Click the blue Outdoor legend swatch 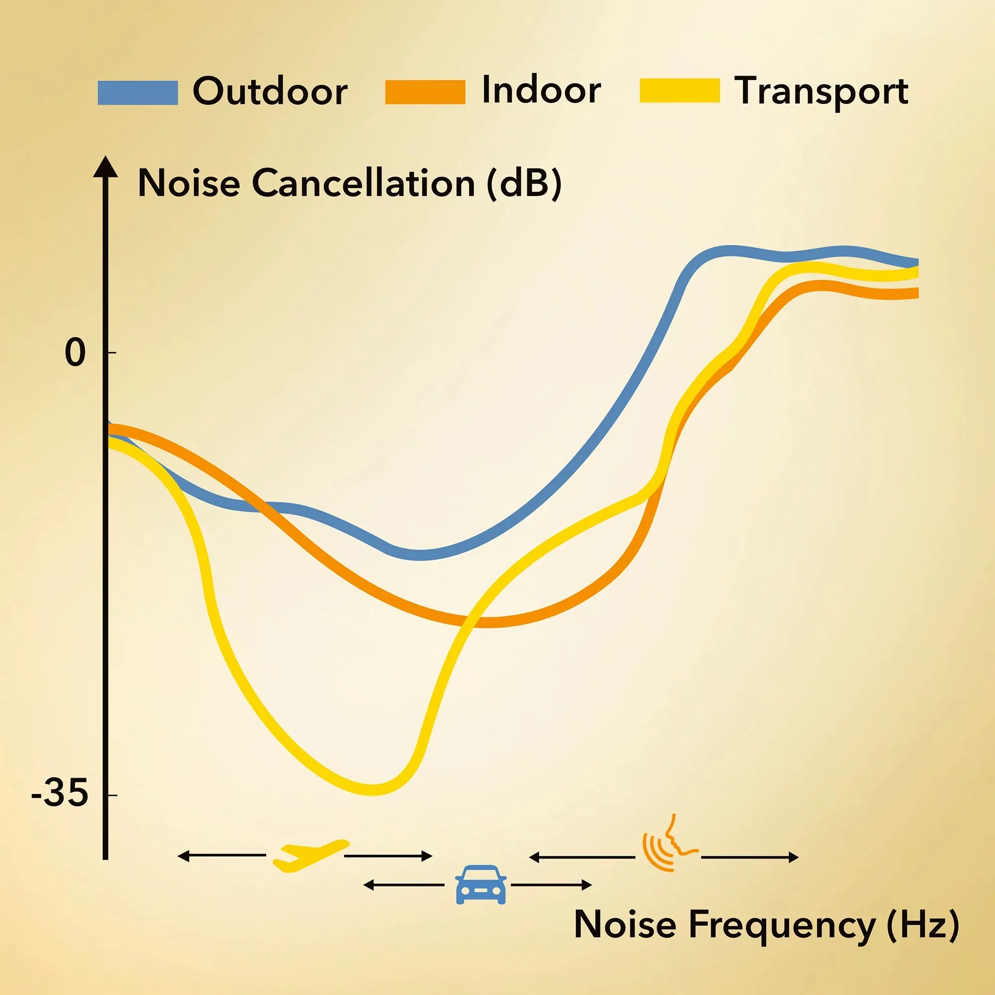137,93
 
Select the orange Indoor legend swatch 425,92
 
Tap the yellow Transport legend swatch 679,91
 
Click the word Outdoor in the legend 270,91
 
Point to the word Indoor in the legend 541,90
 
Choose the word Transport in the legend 821,91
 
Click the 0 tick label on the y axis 75,353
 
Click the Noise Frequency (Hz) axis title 766,924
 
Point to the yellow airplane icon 309,855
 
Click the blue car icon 481,884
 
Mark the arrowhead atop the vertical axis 105,166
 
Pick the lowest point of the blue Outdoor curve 420,555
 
